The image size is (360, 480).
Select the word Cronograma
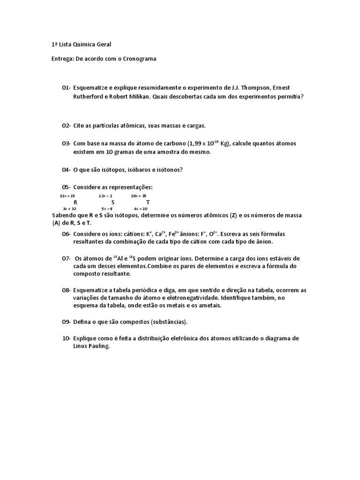pos(138,59)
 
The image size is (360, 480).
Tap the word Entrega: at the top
pos(62,59)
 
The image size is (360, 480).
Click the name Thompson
pos(254,88)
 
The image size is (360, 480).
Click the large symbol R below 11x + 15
pos(75,202)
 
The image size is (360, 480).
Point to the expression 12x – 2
pos(105,195)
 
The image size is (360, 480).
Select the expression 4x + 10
pos(141,209)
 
